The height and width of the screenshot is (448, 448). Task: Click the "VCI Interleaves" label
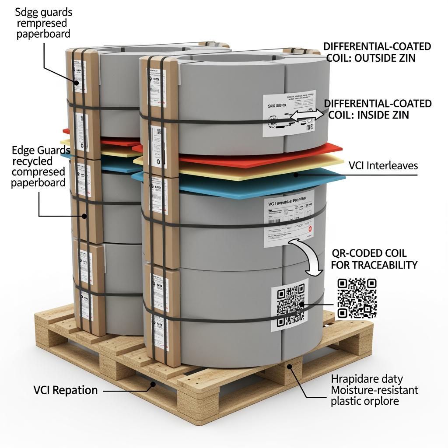[x=383, y=166]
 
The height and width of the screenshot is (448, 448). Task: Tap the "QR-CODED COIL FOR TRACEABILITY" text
[x=374, y=259]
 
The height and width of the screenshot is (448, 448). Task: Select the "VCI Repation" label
[x=66, y=390]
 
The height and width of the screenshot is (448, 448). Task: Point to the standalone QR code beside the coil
[x=357, y=298]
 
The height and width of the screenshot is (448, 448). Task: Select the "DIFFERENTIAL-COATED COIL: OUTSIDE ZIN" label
[x=377, y=52]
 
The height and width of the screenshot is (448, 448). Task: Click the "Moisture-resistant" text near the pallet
[x=374, y=390]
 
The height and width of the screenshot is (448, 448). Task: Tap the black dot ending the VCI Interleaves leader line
[x=296, y=175]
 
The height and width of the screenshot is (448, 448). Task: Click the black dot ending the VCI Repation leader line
[x=153, y=385]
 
